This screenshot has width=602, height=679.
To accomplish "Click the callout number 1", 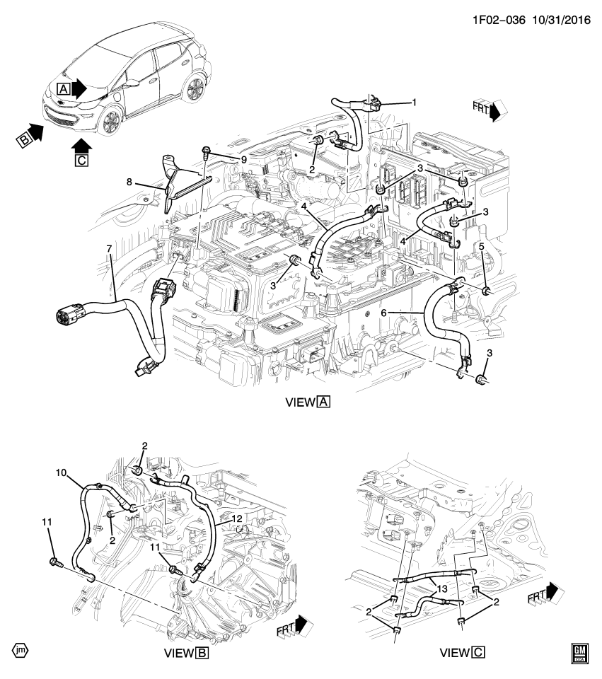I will tap(415, 103).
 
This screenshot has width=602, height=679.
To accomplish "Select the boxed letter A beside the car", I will tap(64, 89).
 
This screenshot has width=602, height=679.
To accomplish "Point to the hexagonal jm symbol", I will tap(20, 649).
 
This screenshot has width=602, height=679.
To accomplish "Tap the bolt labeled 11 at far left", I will tap(55, 562).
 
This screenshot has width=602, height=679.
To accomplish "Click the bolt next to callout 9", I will tap(206, 152).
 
